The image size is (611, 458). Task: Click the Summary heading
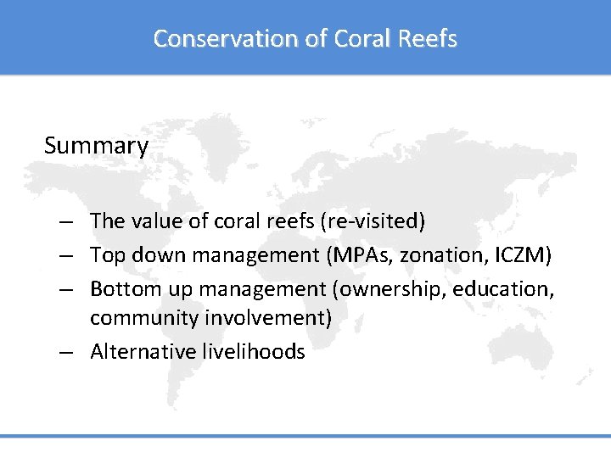(x=96, y=146)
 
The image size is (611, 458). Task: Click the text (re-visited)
(x=374, y=221)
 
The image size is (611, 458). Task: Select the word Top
(x=107, y=254)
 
